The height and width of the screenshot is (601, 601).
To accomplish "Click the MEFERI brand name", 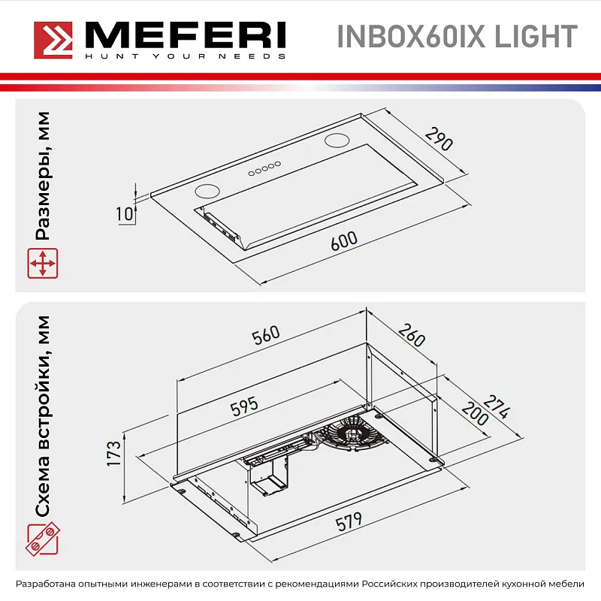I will coord(184,35).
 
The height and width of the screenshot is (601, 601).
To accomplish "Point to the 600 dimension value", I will coord(343,242).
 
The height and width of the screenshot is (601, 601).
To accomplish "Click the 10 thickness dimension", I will coord(125,213).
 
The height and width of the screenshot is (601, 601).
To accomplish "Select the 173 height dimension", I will coord(113,455).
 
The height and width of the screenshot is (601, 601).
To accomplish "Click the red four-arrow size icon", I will coord(42,265).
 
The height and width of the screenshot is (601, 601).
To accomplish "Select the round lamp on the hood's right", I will coord(337,140).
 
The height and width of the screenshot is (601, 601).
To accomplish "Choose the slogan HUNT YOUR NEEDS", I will coord(184,56).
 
